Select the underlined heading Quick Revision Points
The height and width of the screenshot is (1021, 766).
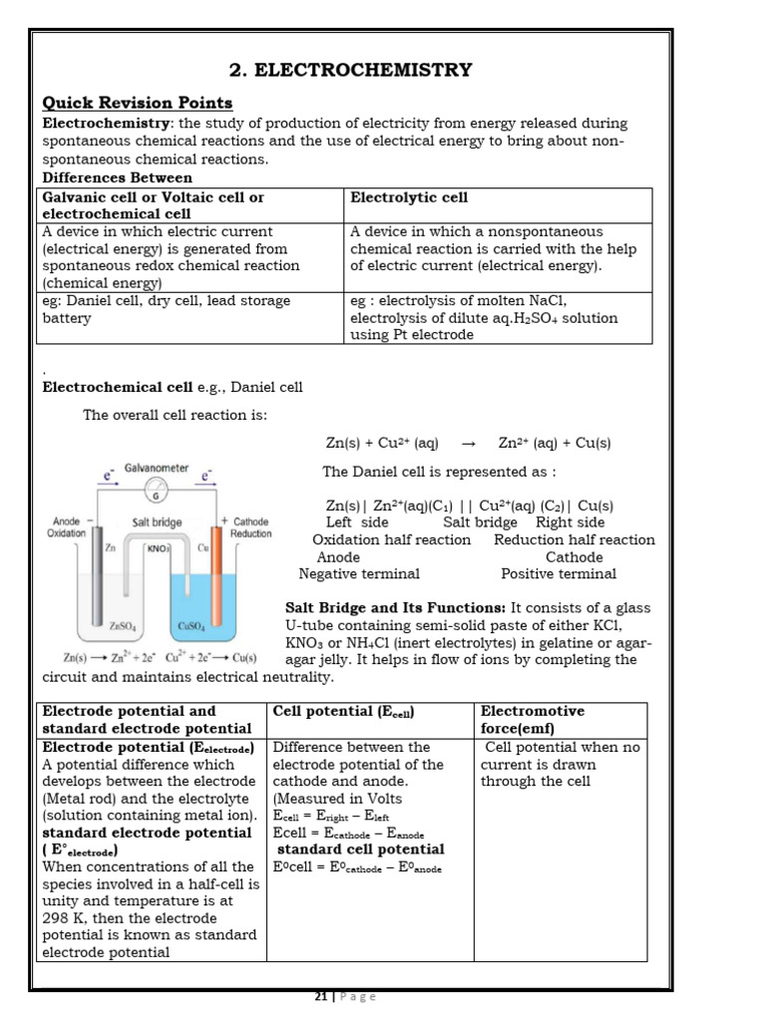[137, 103]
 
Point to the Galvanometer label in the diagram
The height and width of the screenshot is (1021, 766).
[157, 467]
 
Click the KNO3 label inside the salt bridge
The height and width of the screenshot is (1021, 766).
[159, 547]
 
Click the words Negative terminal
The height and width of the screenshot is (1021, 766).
[359, 573]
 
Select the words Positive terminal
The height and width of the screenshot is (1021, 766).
[559, 573]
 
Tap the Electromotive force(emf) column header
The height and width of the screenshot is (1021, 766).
[533, 720]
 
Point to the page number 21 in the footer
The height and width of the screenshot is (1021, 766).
[321, 996]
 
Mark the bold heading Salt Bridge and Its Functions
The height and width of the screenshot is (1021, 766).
[396, 607]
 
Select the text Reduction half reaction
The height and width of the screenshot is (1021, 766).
[574, 539]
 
